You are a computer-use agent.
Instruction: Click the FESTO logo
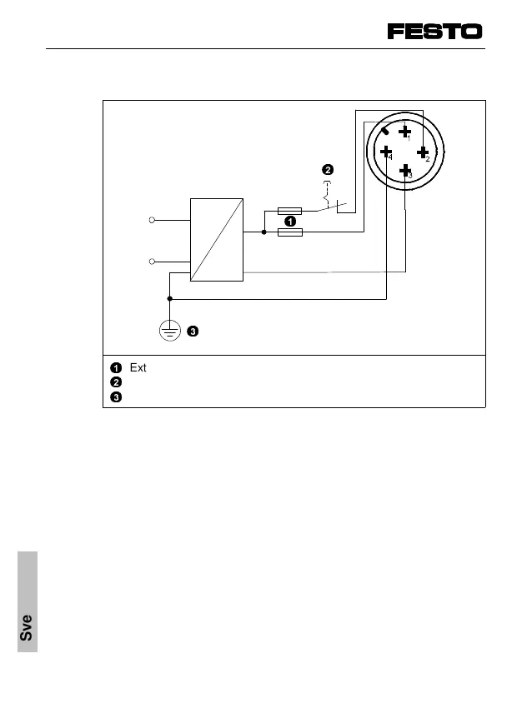(x=434, y=32)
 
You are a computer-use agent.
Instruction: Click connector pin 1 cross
(x=404, y=132)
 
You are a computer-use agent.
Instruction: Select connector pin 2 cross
(x=423, y=152)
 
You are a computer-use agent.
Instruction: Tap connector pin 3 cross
(x=405, y=172)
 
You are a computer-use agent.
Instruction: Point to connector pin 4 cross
(x=386, y=152)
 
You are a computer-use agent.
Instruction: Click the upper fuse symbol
(x=289, y=212)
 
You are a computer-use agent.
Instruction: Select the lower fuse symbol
(x=289, y=232)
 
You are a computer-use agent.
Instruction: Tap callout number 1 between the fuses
(x=289, y=222)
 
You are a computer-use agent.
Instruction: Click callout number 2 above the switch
(x=328, y=170)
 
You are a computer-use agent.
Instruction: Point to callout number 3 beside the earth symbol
(x=193, y=332)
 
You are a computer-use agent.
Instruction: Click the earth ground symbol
(x=169, y=331)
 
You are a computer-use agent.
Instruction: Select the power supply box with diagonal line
(x=217, y=240)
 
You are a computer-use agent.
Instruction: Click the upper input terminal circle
(x=152, y=220)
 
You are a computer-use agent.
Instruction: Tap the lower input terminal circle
(x=152, y=262)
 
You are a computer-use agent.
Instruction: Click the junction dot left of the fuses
(x=263, y=232)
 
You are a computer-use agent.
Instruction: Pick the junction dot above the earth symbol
(x=169, y=298)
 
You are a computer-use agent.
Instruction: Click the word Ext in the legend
(x=138, y=367)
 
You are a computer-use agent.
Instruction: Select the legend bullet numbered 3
(x=116, y=396)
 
